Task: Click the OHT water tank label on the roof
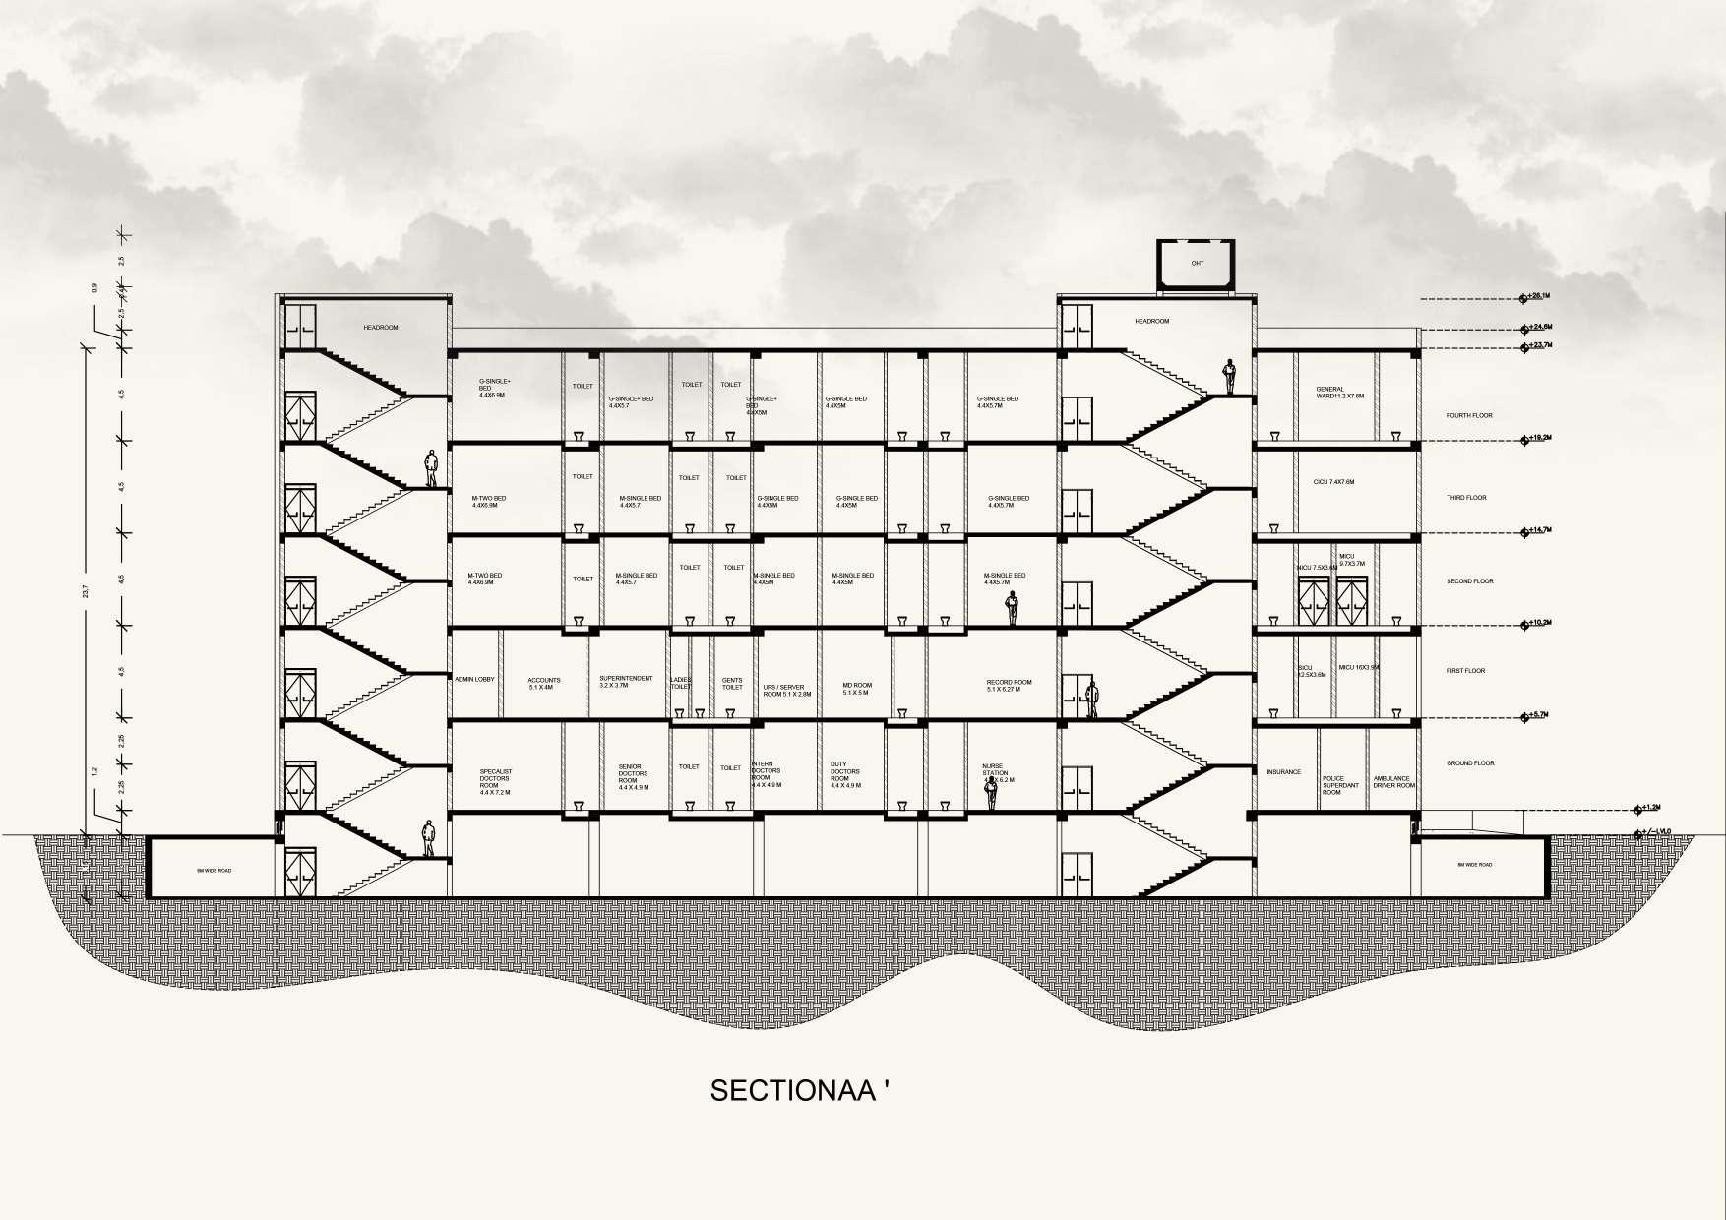click(x=1198, y=263)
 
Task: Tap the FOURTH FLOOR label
click(x=1468, y=415)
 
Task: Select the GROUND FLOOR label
click(x=1470, y=763)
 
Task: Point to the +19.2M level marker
click(x=1539, y=437)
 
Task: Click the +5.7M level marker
click(x=1539, y=715)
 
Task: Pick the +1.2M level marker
click(x=1649, y=808)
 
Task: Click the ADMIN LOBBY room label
click(x=474, y=680)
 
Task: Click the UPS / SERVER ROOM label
click(x=787, y=690)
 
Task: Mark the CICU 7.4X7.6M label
click(x=1333, y=482)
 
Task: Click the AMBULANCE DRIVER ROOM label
click(x=1393, y=781)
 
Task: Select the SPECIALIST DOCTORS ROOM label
click(x=495, y=781)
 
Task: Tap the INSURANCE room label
click(x=1284, y=772)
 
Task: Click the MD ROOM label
click(x=857, y=688)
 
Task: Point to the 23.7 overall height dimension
click(x=87, y=590)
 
